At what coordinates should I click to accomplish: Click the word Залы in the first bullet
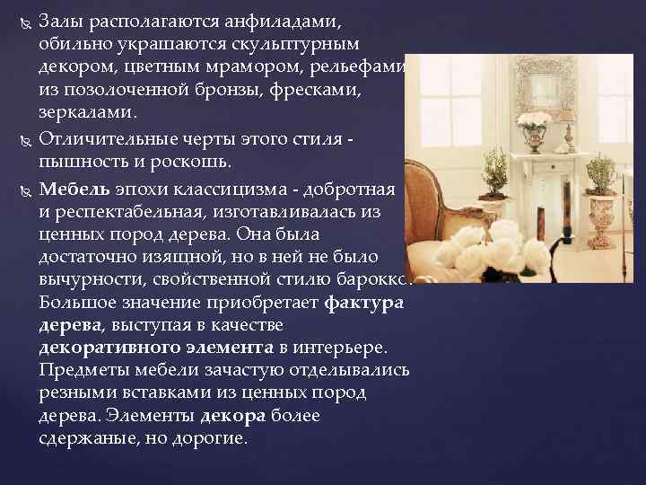click(x=60, y=22)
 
